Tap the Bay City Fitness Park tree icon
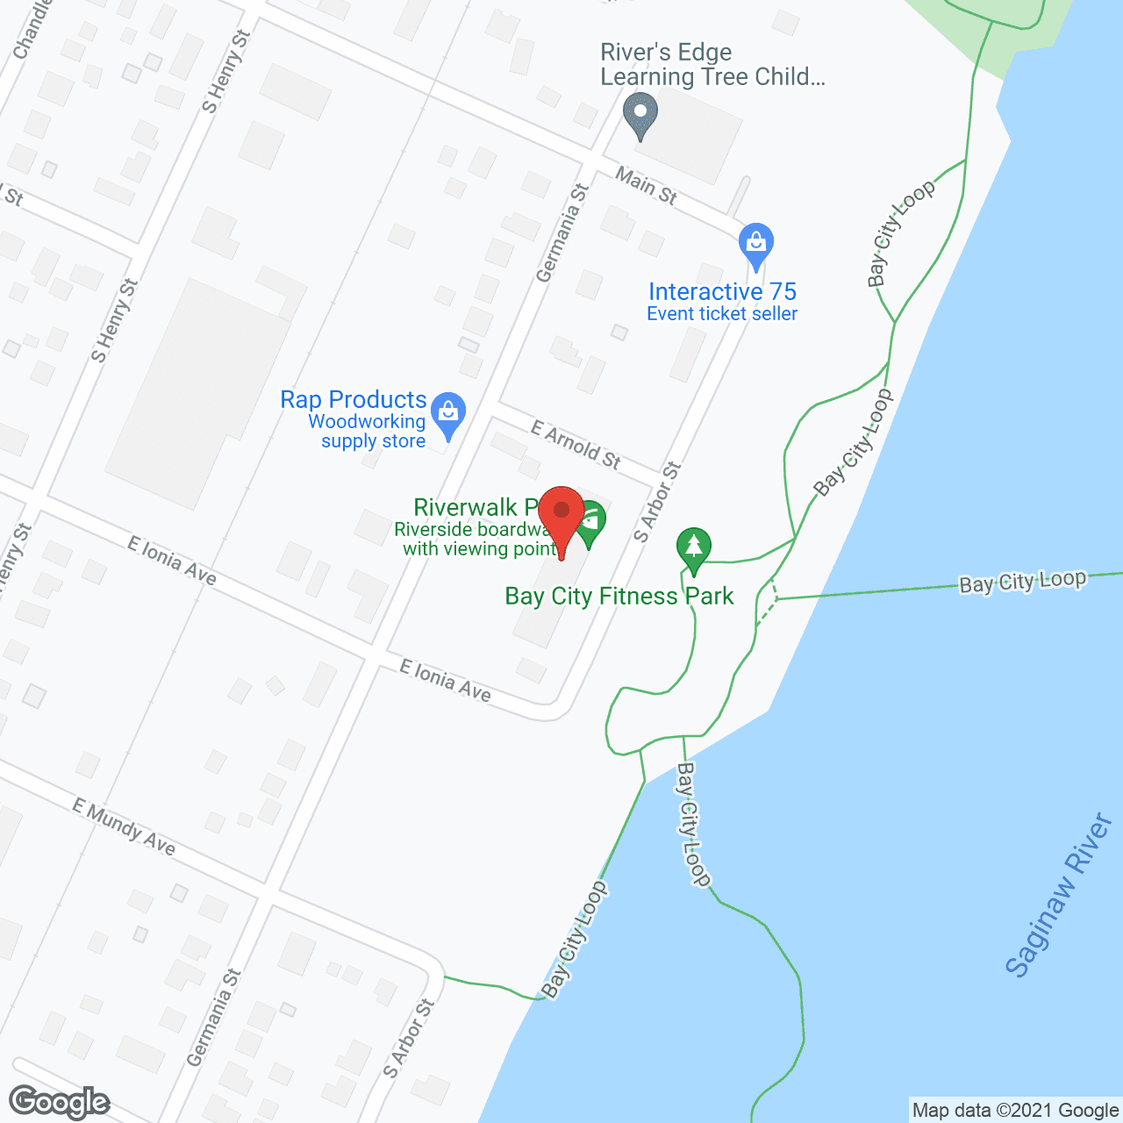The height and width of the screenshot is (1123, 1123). [694, 548]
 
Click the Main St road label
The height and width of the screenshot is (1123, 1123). [646, 186]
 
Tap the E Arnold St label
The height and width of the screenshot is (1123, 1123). [576, 445]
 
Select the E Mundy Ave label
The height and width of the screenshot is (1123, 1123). [124, 826]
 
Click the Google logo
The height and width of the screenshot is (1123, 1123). [60, 1102]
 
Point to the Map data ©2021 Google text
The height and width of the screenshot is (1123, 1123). [1015, 1111]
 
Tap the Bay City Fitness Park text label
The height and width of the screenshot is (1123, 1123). [619, 597]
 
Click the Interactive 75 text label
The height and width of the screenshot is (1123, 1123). [722, 291]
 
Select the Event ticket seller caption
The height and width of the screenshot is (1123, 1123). [722, 314]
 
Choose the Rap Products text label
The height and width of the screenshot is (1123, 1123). [353, 400]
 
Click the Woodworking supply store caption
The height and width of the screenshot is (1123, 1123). [368, 432]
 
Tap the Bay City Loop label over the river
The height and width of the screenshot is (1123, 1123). [1022, 583]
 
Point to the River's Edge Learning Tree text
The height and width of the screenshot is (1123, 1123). [712, 65]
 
